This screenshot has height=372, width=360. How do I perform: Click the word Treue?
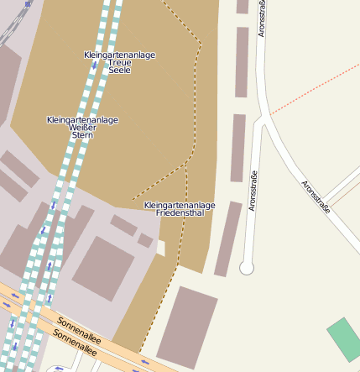pyautogui.click(x=120, y=63)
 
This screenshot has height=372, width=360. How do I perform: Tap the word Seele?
pyautogui.click(x=120, y=71)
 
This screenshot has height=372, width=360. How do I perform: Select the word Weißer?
pyautogui.click(x=82, y=128)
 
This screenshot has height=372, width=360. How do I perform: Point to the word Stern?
pyautogui.click(x=82, y=135)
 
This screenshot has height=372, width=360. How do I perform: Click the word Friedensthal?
pyautogui.click(x=180, y=213)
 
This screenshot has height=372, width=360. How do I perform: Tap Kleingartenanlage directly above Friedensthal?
pyautogui.click(x=180, y=205)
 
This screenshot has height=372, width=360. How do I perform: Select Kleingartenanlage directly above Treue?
pyautogui.click(x=120, y=55)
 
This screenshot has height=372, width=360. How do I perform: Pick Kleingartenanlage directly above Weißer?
pyautogui.click(x=82, y=120)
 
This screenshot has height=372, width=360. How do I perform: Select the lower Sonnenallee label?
pyautogui.click(x=75, y=338)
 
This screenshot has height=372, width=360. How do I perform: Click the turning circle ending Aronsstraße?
pyautogui.click(x=247, y=268)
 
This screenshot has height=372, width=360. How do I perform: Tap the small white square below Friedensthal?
pyautogui.click(x=160, y=248)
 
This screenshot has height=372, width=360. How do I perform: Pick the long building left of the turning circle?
pyautogui.click(x=227, y=238)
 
